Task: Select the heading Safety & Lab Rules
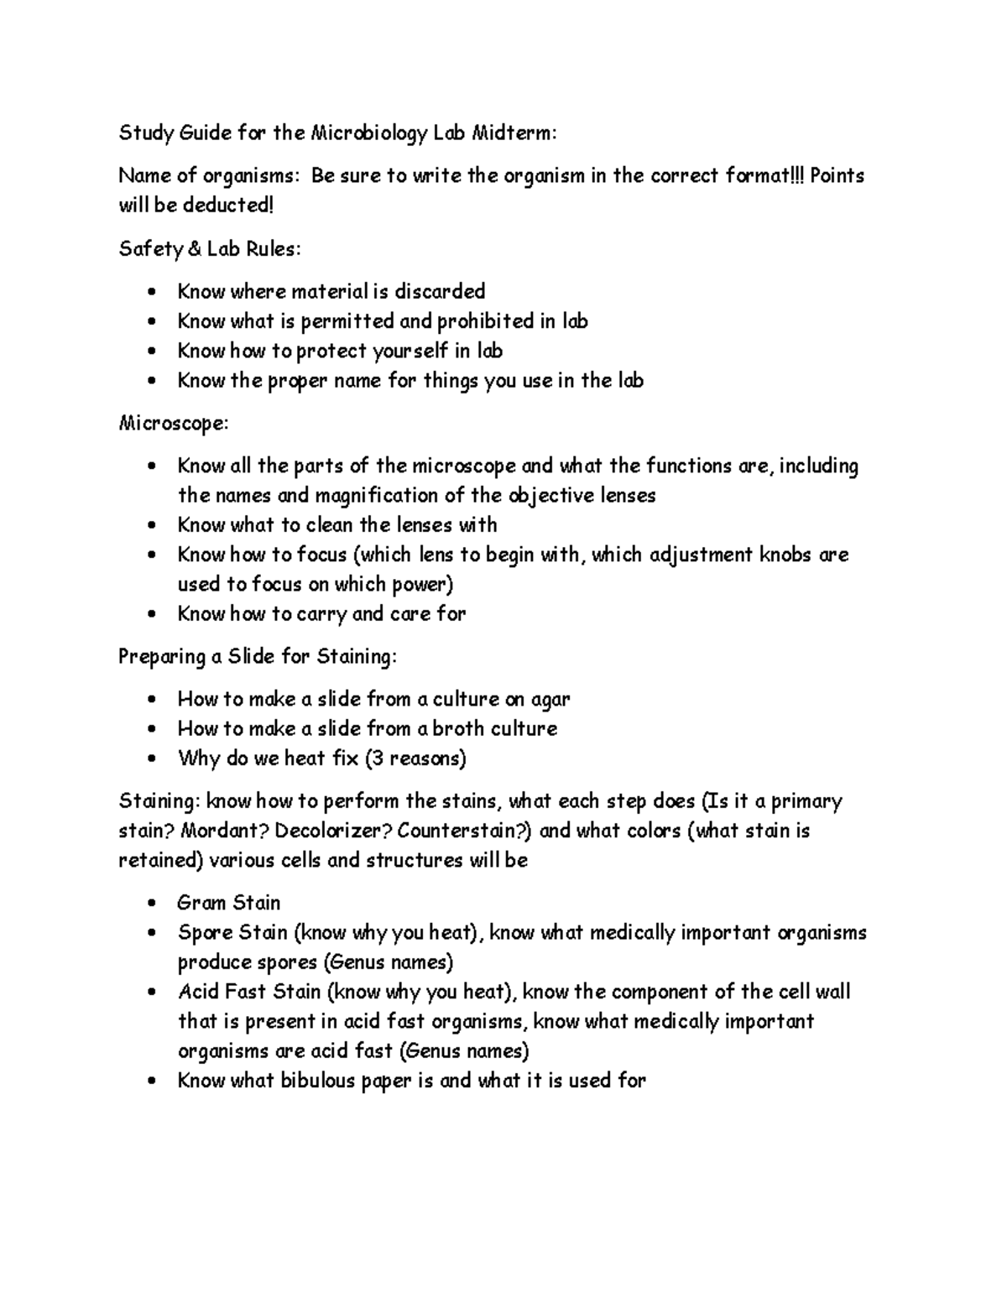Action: tap(209, 248)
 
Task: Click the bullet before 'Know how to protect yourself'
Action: tap(151, 352)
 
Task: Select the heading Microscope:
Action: tap(173, 423)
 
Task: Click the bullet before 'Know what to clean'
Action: tap(151, 526)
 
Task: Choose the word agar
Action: tap(550, 699)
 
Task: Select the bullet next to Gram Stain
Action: tap(151, 904)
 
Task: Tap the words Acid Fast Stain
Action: tap(249, 992)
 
